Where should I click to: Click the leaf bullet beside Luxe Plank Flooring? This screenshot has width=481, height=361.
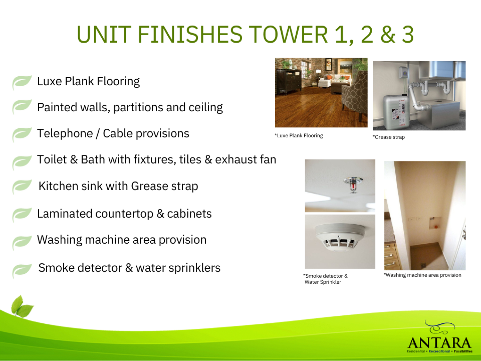click(22, 82)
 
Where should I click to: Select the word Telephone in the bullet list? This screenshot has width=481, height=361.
click(65, 133)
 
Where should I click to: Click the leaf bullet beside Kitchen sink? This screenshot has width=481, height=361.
click(22, 186)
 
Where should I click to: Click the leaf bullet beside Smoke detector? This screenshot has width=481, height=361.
click(22, 270)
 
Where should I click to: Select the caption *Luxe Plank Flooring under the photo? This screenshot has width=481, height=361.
click(299, 136)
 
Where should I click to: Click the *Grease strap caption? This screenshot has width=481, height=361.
click(389, 137)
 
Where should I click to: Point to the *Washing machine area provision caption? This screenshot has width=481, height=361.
click(423, 275)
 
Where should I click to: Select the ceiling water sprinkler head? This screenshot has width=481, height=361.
click(353, 185)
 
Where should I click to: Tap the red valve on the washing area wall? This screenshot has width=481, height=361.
click(435, 226)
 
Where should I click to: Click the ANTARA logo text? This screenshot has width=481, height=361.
click(439, 343)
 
